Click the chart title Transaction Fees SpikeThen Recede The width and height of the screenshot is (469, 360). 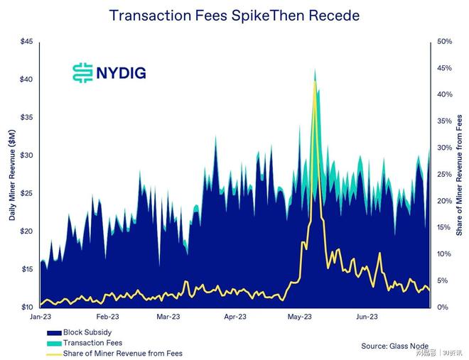click(234, 15)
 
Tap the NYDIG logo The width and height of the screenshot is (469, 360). click(109, 72)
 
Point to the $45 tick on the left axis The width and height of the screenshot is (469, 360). click(26, 41)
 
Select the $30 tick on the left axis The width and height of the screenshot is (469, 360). click(26, 156)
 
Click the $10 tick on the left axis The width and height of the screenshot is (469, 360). click(26, 307)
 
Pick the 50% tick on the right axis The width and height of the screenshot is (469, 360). click(445, 41)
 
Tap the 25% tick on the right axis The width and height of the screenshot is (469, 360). click(445, 175)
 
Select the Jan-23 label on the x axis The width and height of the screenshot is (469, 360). click(40, 317)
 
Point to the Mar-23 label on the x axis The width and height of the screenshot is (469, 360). click(168, 317)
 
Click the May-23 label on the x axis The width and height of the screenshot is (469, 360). click(301, 317)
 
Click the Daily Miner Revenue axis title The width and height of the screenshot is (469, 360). click(13, 175)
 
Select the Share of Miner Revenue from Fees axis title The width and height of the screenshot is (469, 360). click(460, 175)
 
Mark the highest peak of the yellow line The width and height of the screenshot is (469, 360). click(314, 81)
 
